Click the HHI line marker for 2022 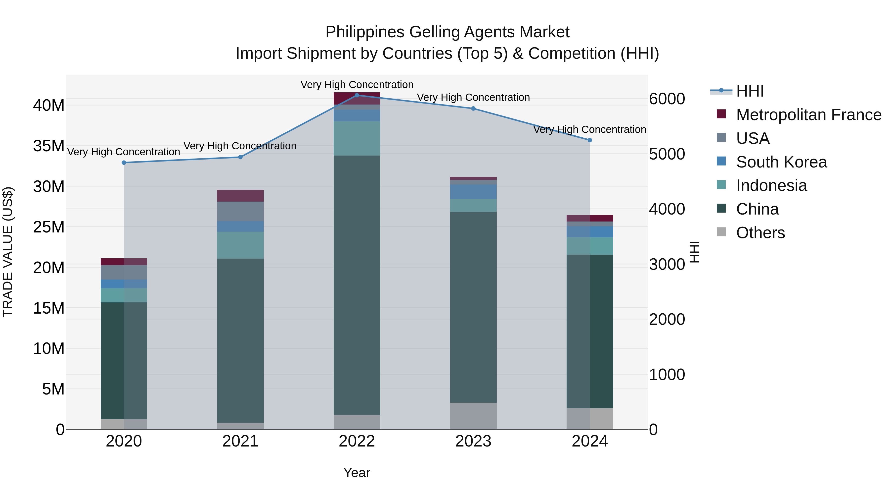pyautogui.click(x=357, y=95)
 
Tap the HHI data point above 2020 pyautogui.click(x=124, y=163)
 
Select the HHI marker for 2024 pyautogui.click(x=590, y=140)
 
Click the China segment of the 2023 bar pyautogui.click(x=473, y=306)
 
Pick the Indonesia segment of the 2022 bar pyautogui.click(x=357, y=138)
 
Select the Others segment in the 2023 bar pyautogui.click(x=473, y=416)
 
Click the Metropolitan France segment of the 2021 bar pyautogui.click(x=240, y=195)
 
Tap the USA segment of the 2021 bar pyautogui.click(x=240, y=211)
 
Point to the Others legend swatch pyautogui.click(x=721, y=232)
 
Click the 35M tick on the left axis pyautogui.click(x=49, y=146)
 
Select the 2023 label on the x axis pyautogui.click(x=473, y=441)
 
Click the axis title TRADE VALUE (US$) pyautogui.click(x=8, y=252)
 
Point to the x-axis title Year pyautogui.click(x=357, y=473)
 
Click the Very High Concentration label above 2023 pyautogui.click(x=473, y=97)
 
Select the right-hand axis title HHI pyautogui.click(x=694, y=252)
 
